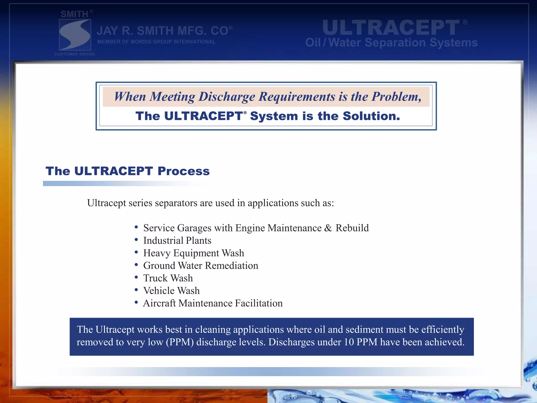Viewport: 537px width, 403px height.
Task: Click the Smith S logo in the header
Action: (x=75, y=35)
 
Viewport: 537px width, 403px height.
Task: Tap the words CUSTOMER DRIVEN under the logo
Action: (x=75, y=54)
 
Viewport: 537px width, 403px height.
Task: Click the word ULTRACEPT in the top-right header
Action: (x=391, y=28)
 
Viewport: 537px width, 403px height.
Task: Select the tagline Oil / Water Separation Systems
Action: (x=391, y=43)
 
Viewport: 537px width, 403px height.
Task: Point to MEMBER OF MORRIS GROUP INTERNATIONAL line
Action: (x=156, y=42)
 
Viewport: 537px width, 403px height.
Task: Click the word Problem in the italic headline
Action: (x=396, y=97)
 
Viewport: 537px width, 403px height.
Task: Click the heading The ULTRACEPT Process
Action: (x=128, y=171)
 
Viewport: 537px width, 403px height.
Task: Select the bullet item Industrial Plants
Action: (x=177, y=241)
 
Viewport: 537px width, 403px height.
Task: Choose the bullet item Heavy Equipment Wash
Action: (x=194, y=253)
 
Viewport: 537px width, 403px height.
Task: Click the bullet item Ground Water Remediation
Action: (x=201, y=266)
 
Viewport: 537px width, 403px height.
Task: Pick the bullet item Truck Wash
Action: (x=168, y=278)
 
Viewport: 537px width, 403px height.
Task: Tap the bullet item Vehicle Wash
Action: (x=171, y=291)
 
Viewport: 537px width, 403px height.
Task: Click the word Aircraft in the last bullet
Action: (x=159, y=303)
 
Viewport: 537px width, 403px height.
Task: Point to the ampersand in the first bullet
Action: (x=328, y=228)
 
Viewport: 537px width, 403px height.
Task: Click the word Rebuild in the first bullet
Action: (x=352, y=228)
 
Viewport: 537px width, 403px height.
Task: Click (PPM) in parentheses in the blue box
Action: (x=180, y=342)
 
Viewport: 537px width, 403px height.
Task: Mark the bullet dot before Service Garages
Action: (x=136, y=227)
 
